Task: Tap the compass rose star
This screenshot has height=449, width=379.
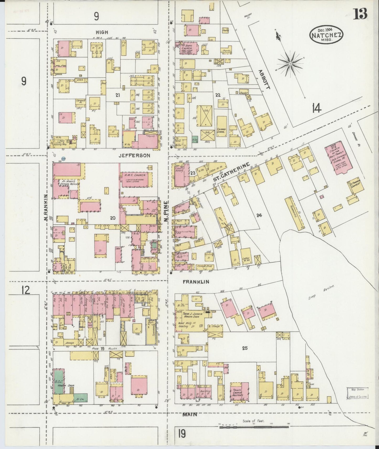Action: (291, 64)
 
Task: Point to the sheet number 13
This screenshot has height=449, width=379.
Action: (360, 14)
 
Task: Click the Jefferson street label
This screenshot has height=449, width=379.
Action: (134, 155)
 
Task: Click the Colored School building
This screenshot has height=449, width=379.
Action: (222, 130)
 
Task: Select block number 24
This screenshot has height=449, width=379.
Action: (259, 215)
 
